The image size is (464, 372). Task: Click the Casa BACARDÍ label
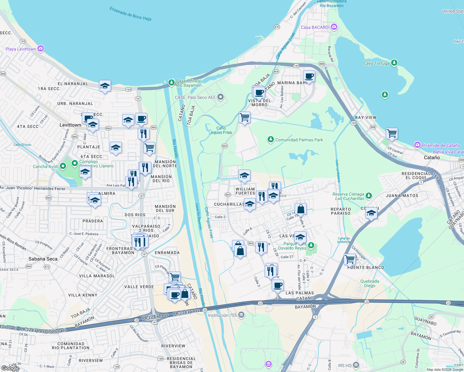pos(315,27)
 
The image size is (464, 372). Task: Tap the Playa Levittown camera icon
pos(41,49)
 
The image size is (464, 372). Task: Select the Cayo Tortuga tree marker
pos(394,63)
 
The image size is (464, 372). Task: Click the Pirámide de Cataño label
pos(441,145)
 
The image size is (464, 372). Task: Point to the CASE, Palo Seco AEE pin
pos(221,97)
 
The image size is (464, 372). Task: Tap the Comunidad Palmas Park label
pos(299,140)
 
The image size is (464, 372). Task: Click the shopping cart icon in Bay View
pos(392,133)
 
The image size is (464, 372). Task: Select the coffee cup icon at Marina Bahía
pos(309,76)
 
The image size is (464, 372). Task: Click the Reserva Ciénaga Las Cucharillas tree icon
pos(368,196)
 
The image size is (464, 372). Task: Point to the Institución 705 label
pos(222,315)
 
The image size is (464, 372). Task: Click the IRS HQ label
pos(345,365)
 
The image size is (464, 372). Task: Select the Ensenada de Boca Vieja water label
pos(130,14)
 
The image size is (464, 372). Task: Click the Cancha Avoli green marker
pos(63,166)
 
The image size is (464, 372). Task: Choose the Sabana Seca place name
pos(43,259)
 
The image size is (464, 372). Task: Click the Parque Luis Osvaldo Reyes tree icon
pos(311,246)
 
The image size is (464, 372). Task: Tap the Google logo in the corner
pos(10,368)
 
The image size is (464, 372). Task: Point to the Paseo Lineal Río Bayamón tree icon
pos(171,82)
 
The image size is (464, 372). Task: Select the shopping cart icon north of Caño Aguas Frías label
pos(245,117)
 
